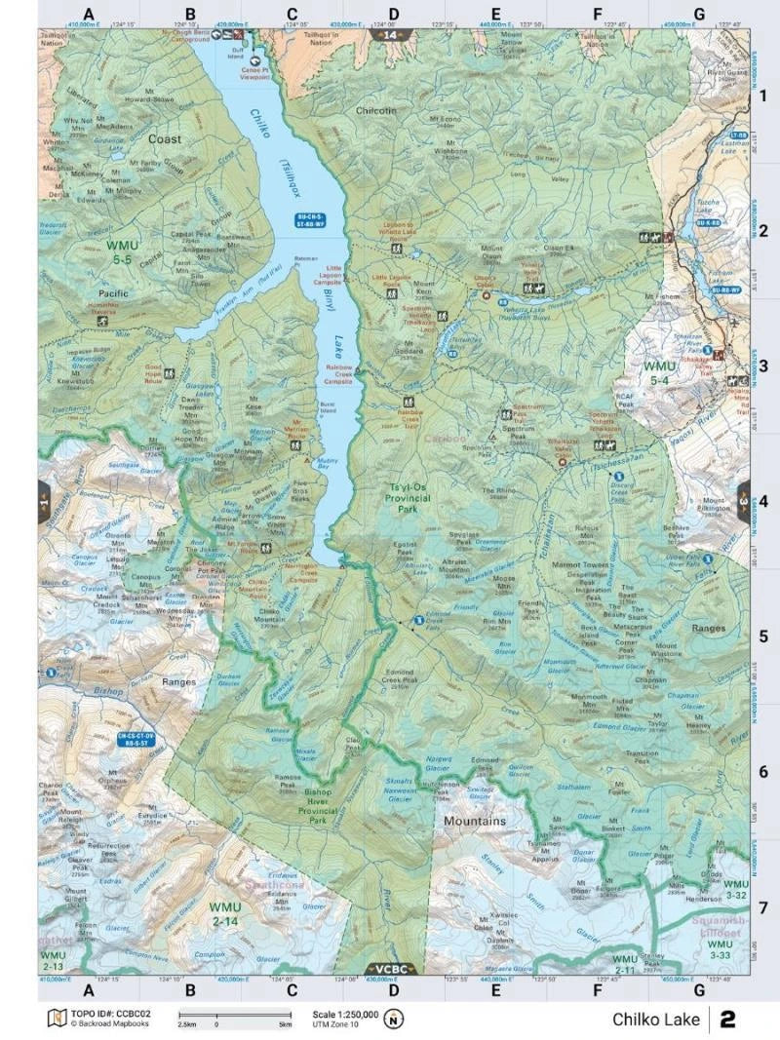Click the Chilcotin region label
[376, 111]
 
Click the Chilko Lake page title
[655, 1020]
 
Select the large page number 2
[727, 1020]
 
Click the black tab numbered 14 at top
[389, 35]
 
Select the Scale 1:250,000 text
[346, 1014]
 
